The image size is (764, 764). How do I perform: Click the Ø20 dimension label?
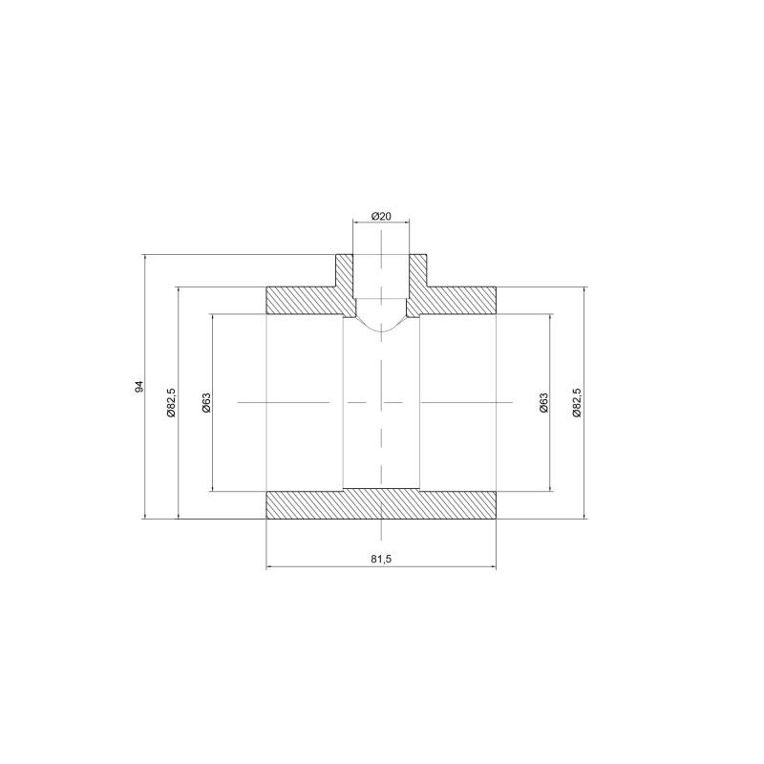point(381,216)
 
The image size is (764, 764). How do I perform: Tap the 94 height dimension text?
point(139,386)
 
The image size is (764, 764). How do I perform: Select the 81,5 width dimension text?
point(381,559)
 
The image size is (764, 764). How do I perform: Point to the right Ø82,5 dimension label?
point(577,402)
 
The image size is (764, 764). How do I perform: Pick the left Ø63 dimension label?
point(206,403)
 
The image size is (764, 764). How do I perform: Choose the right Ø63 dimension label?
point(543,403)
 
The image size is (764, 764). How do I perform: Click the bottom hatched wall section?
point(381,504)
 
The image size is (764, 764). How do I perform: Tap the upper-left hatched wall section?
point(307,301)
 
